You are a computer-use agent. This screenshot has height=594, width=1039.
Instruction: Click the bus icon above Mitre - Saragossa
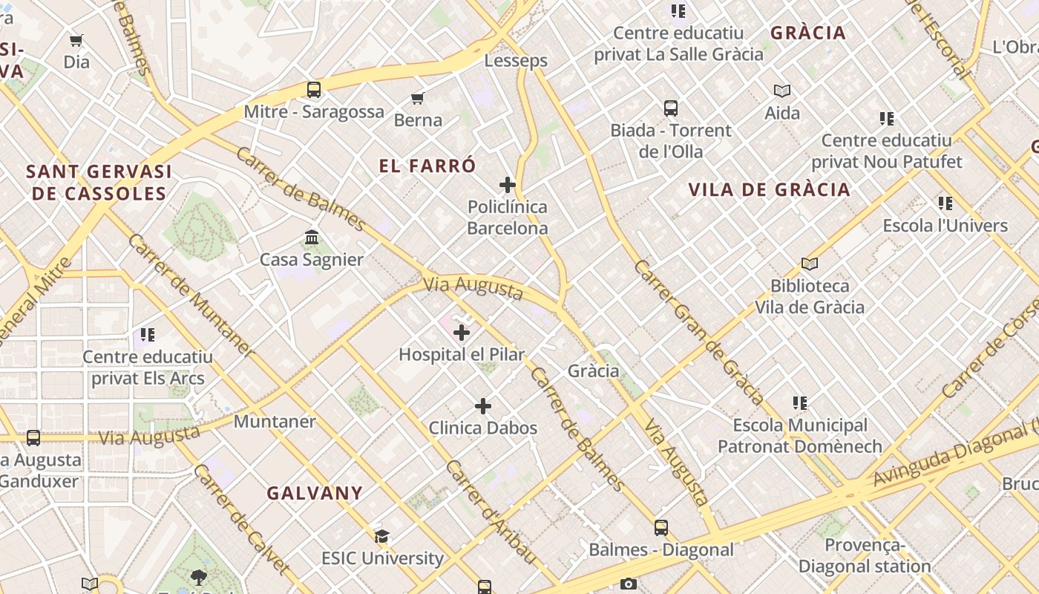[314, 90]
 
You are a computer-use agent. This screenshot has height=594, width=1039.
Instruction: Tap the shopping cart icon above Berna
[418, 99]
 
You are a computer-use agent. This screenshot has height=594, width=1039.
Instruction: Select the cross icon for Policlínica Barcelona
[508, 185]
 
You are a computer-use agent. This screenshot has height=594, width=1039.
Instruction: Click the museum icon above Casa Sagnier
[312, 238]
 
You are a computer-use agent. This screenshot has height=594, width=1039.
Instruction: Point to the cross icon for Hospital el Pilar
[462, 333]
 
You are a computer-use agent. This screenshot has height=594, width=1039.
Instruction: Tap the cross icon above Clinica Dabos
[483, 406]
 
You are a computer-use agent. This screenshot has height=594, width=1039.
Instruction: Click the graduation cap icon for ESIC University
[382, 536]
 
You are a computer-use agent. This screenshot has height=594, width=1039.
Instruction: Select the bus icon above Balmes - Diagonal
[661, 528]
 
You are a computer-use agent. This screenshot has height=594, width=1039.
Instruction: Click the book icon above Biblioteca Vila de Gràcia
[809, 264]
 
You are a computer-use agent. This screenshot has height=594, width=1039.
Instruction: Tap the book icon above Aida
[782, 91]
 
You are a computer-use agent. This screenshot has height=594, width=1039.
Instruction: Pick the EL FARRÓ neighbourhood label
[427, 166]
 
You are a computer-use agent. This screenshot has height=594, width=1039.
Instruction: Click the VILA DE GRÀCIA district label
[769, 189]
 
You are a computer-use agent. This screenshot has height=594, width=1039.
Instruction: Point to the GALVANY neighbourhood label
[315, 493]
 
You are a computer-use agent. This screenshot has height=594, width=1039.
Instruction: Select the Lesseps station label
[516, 61]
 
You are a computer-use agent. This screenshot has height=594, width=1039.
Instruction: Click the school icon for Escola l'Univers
[945, 203]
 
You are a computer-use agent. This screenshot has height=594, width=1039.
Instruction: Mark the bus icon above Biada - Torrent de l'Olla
[671, 108]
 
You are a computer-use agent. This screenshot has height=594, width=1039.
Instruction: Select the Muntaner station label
[275, 422]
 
